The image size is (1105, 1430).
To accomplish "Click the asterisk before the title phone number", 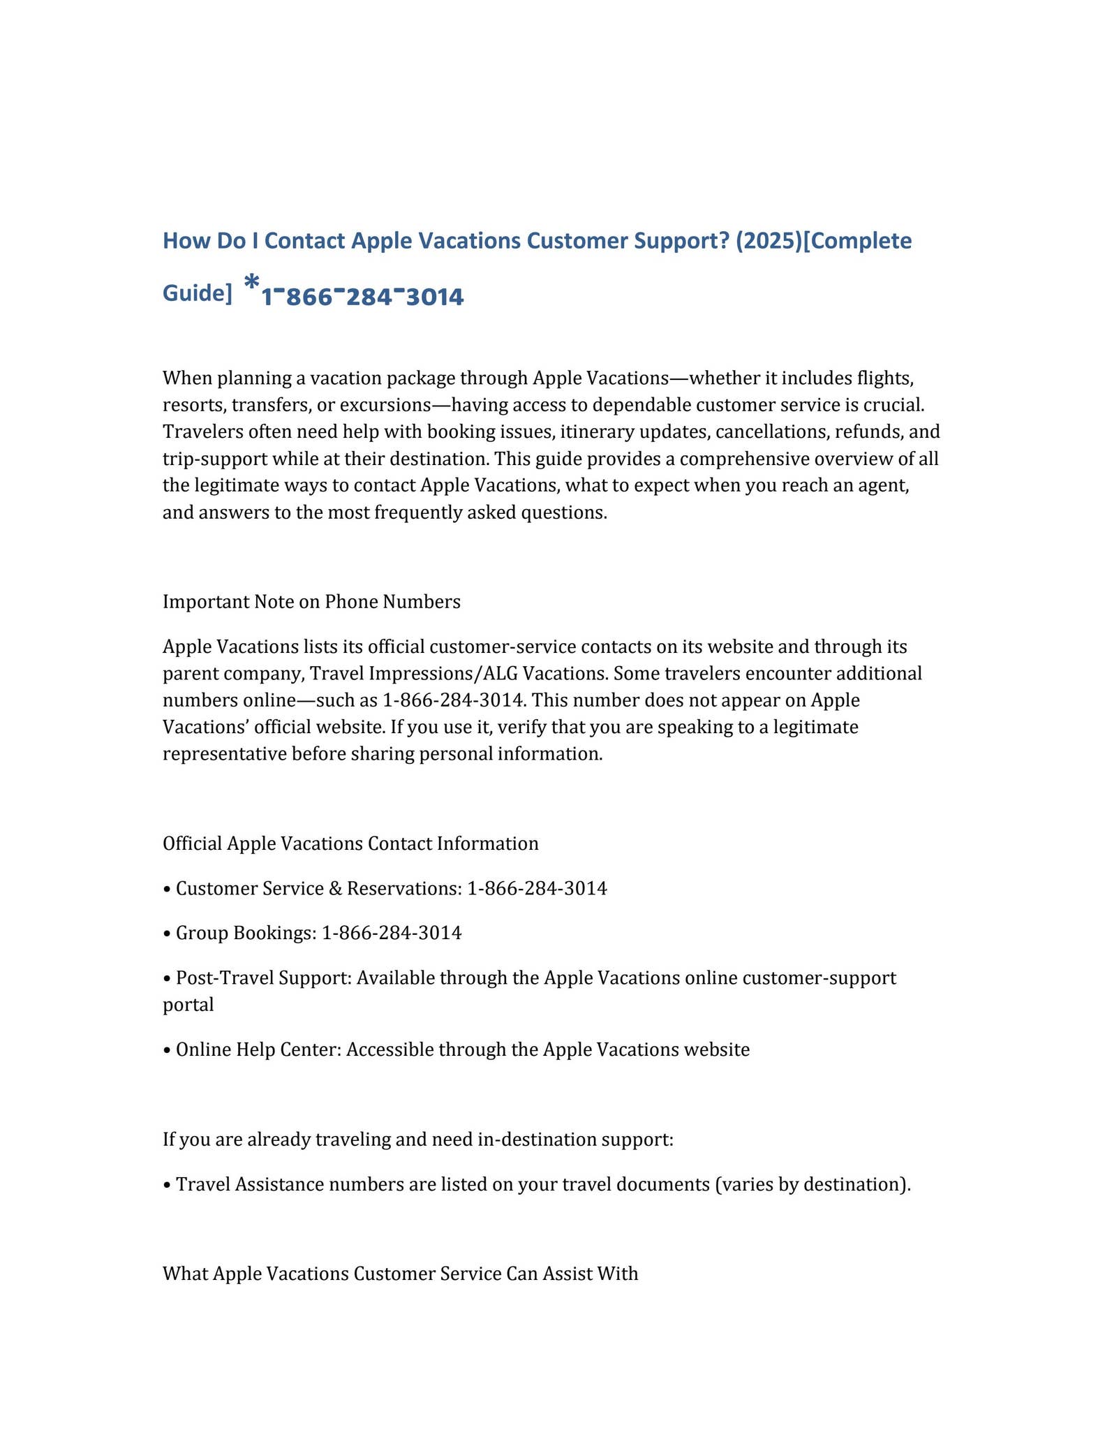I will [252, 283].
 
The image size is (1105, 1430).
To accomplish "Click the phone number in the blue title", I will [362, 297].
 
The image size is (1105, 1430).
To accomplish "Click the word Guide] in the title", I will [197, 293].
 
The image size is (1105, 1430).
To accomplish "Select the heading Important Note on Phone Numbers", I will [311, 601].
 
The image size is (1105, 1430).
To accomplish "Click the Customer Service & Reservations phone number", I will [537, 888].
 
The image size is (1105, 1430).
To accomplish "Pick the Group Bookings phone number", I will [392, 932].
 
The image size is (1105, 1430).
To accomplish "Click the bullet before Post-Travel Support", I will [166, 978].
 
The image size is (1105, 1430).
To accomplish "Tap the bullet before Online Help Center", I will [166, 1049].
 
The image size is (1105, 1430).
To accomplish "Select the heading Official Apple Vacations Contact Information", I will [350, 843].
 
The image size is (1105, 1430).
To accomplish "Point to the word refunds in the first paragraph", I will [873, 432].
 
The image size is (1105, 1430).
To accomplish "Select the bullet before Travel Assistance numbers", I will [166, 1185].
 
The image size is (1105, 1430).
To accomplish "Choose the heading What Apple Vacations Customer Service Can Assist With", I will [400, 1274].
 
